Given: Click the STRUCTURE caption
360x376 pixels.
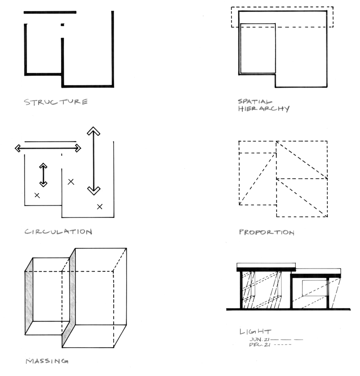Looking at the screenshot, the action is click(x=56, y=102).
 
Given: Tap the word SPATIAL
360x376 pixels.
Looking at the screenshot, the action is click(x=255, y=101).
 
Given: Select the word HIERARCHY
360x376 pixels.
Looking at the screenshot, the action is click(x=264, y=108).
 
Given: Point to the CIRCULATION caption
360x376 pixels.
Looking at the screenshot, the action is click(x=58, y=232).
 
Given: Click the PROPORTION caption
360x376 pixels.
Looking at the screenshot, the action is click(x=267, y=232).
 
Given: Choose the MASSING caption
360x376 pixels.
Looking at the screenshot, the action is click(x=47, y=361).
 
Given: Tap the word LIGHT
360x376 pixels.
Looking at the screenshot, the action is click(x=255, y=332).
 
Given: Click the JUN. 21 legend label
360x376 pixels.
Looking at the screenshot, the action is click(x=260, y=339).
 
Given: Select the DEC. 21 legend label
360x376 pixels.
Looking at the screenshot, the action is click(x=260, y=344).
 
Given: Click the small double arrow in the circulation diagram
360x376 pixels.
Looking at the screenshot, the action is click(x=43, y=175).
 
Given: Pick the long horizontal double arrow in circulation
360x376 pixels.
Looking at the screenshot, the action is click(x=48, y=148).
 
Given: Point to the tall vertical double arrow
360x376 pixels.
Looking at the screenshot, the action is click(x=93, y=161).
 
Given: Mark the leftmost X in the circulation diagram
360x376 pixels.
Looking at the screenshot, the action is click(x=37, y=195).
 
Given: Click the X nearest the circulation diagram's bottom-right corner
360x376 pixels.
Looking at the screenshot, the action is click(x=100, y=207).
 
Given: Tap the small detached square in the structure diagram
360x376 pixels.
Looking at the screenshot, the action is click(x=62, y=25).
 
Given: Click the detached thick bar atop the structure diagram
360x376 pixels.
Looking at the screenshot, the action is click(x=50, y=12).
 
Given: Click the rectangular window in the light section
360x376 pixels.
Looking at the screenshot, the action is click(x=315, y=288).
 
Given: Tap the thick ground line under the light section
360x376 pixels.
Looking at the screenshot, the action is click(x=288, y=309).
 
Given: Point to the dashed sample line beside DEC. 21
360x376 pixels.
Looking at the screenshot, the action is click(x=283, y=344).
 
